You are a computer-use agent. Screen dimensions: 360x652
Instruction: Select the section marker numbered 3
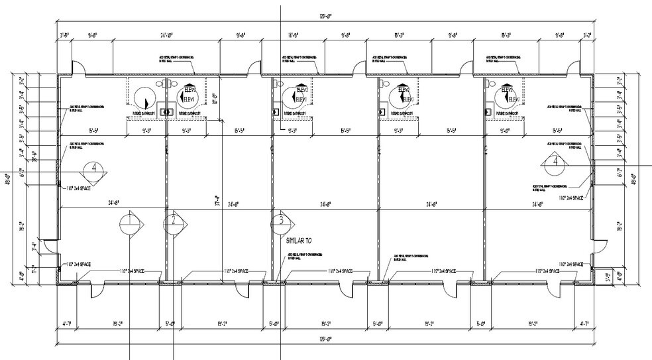[x=281, y=221]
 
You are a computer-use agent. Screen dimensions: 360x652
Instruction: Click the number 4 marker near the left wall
[x=94, y=168]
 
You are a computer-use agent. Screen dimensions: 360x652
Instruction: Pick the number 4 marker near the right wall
[x=556, y=160]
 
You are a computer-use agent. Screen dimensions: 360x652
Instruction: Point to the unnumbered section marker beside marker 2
[x=129, y=223]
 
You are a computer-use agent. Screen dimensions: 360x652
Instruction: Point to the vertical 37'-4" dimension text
[x=217, y=199]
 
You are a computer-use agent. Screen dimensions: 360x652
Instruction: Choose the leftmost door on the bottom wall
[x=95, y=288]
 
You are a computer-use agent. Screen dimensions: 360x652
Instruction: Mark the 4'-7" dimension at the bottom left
[x=66, y=324]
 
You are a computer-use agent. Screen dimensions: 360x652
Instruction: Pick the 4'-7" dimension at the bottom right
[x=584, y=324]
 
